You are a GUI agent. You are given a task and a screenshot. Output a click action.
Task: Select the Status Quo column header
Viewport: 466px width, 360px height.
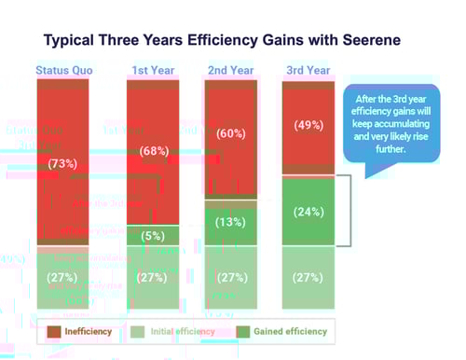[x=62, y=70]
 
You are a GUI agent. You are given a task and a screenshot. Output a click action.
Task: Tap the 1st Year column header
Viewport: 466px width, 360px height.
[x=152, y=70]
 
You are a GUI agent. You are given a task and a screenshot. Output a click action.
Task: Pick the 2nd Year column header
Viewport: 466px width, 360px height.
[x=230, y=70]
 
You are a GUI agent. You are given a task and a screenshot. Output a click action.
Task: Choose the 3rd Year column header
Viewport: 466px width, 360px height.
[x=308, y=70]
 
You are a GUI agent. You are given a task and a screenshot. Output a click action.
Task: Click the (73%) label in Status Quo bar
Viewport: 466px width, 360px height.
[x=62, y=164]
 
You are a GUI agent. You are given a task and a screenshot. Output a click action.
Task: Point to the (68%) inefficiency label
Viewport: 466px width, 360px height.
[x=152, y=151]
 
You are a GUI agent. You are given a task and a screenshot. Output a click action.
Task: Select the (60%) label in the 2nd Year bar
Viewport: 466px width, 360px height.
[x=230, y=133]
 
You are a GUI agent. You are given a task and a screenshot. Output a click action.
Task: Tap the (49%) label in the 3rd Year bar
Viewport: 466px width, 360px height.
[x=308, y=125]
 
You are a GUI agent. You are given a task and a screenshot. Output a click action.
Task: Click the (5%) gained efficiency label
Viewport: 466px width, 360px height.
[x=152, y=235]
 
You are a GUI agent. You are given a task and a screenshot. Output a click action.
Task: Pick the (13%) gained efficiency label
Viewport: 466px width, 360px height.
[x=230, y=222]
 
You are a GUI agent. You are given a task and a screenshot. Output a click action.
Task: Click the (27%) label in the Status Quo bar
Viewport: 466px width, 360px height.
[x=62, y=277]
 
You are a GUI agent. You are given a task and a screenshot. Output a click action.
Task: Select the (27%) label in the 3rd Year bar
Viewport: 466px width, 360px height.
[x=308, y=277]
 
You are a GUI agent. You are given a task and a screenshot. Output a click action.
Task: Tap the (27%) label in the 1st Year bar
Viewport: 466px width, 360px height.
[x=152, y=277]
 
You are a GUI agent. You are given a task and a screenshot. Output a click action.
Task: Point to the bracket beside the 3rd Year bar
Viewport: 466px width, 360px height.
[x=346, y=210]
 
